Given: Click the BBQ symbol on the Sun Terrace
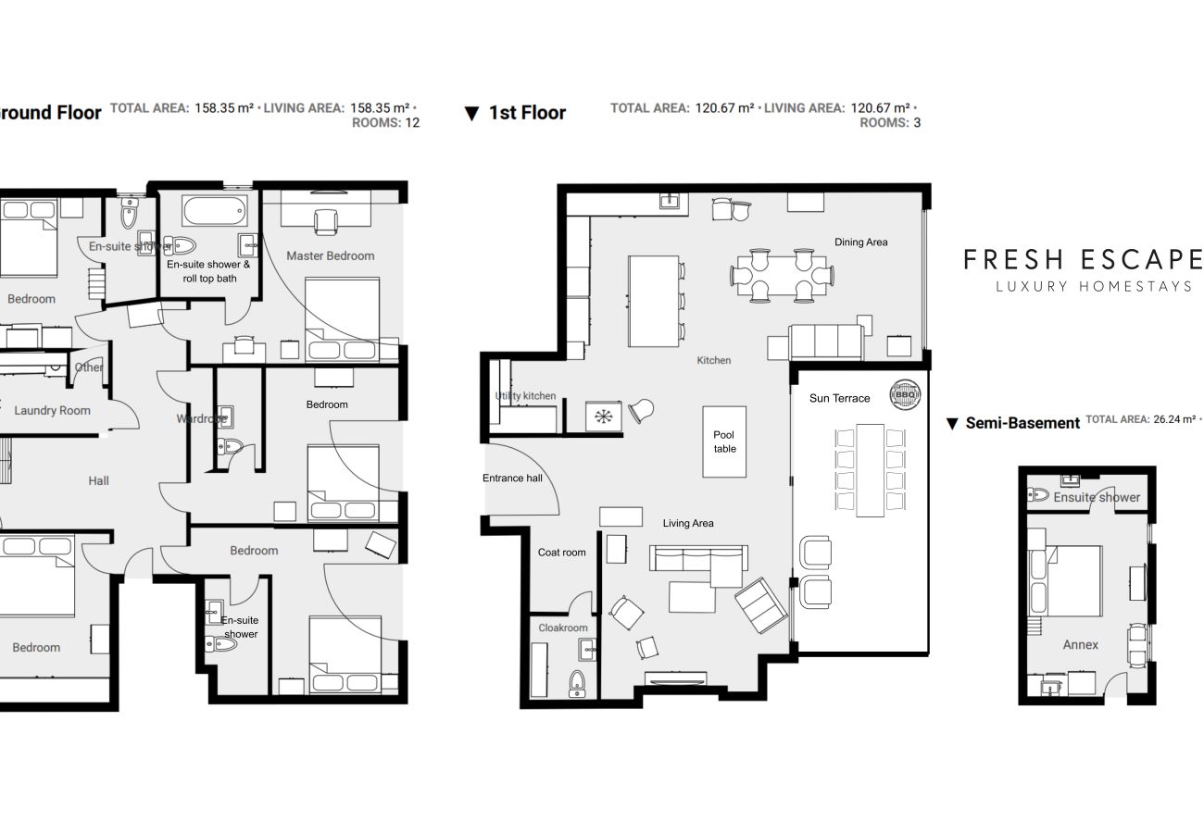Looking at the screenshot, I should click(905, 394).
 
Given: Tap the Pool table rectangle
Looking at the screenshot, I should click(724, 441).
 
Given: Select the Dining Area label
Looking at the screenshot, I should click(860, 242).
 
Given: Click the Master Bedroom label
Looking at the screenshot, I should click(330, 255).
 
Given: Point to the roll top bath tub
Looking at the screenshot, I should click(215, 211).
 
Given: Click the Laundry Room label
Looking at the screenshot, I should click(52, 410).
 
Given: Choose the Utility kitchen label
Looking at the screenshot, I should click(525, 396).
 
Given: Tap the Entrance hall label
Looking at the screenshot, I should click(512, 479).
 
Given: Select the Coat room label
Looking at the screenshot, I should click(561, 553).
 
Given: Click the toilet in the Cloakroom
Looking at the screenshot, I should click(577, 683).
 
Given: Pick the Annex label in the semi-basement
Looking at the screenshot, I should click(1080, 645).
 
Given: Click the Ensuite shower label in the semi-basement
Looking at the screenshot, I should click(1097, 497).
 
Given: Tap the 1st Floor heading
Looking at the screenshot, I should click(526, 113).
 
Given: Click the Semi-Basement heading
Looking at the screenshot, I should click(1022, 423).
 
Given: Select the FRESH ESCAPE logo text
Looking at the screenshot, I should click(1082, 259).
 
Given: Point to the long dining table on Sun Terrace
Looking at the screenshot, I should click(870, 469).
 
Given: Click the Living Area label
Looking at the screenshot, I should click(688, 523).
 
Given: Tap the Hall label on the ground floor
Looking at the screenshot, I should click(98, 480).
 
